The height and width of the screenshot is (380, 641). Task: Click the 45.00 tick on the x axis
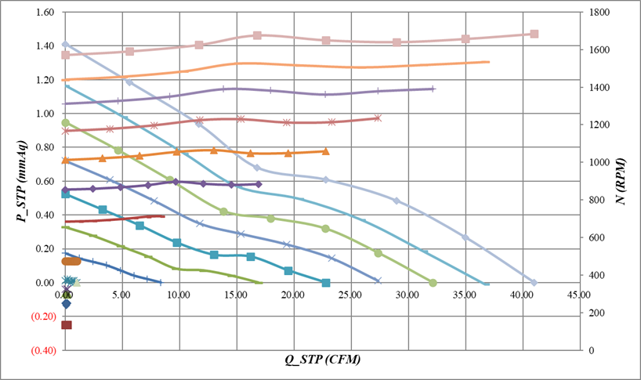point(579,295)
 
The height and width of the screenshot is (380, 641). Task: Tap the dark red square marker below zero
point(67,324)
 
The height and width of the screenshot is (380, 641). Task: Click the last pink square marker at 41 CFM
point(534,34)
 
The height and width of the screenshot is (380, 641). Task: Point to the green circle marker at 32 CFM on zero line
point(433,282)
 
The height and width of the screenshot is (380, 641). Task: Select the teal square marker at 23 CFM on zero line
point(326,282)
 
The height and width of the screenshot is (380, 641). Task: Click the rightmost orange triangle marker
point(325,151)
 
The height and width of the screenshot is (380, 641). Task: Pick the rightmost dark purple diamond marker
point(259,184)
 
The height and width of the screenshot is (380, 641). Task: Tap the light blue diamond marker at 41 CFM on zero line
point(534,282)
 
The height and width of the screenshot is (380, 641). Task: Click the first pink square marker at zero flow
point(66,55)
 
